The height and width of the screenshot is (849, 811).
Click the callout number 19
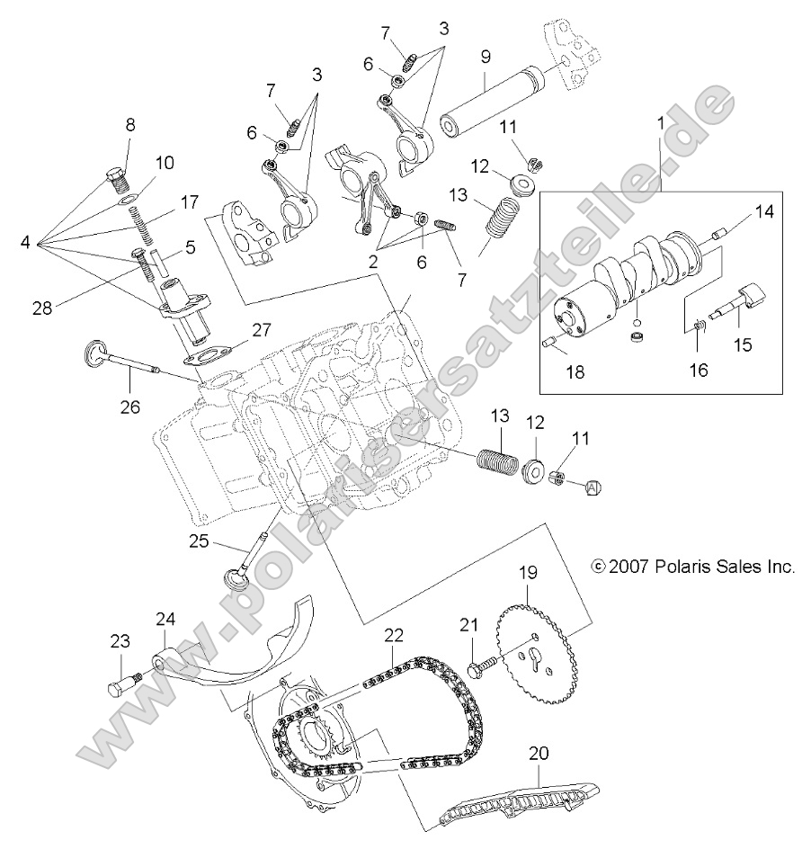click(528, 572)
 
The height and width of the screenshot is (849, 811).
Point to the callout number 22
click(393, 635)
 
